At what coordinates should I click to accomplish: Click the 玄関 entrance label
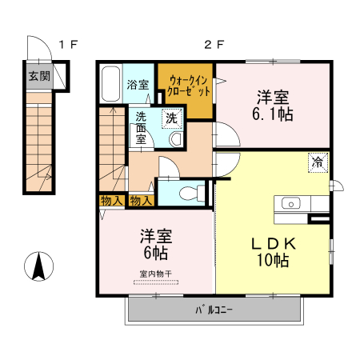[x=39, y=77]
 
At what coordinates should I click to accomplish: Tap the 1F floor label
[x=66, y=44]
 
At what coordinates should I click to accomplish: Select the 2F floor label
[x=212, y=44]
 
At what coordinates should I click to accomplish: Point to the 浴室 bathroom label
[x=138, y=83]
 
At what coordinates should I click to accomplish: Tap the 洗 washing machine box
[x=171, y=117]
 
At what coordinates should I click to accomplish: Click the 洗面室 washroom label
[x=141, y=126]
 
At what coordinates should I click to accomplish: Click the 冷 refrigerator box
[x=318, y=162]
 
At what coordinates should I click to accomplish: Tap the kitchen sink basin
[x=290, y=202]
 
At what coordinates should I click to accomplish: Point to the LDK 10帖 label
[x=273, y=251]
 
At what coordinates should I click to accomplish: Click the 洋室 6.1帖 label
[x=274, y=106]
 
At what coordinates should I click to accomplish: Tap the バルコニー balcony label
[x=213, y=310]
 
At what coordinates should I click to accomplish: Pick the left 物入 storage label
[x=112, y=200]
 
